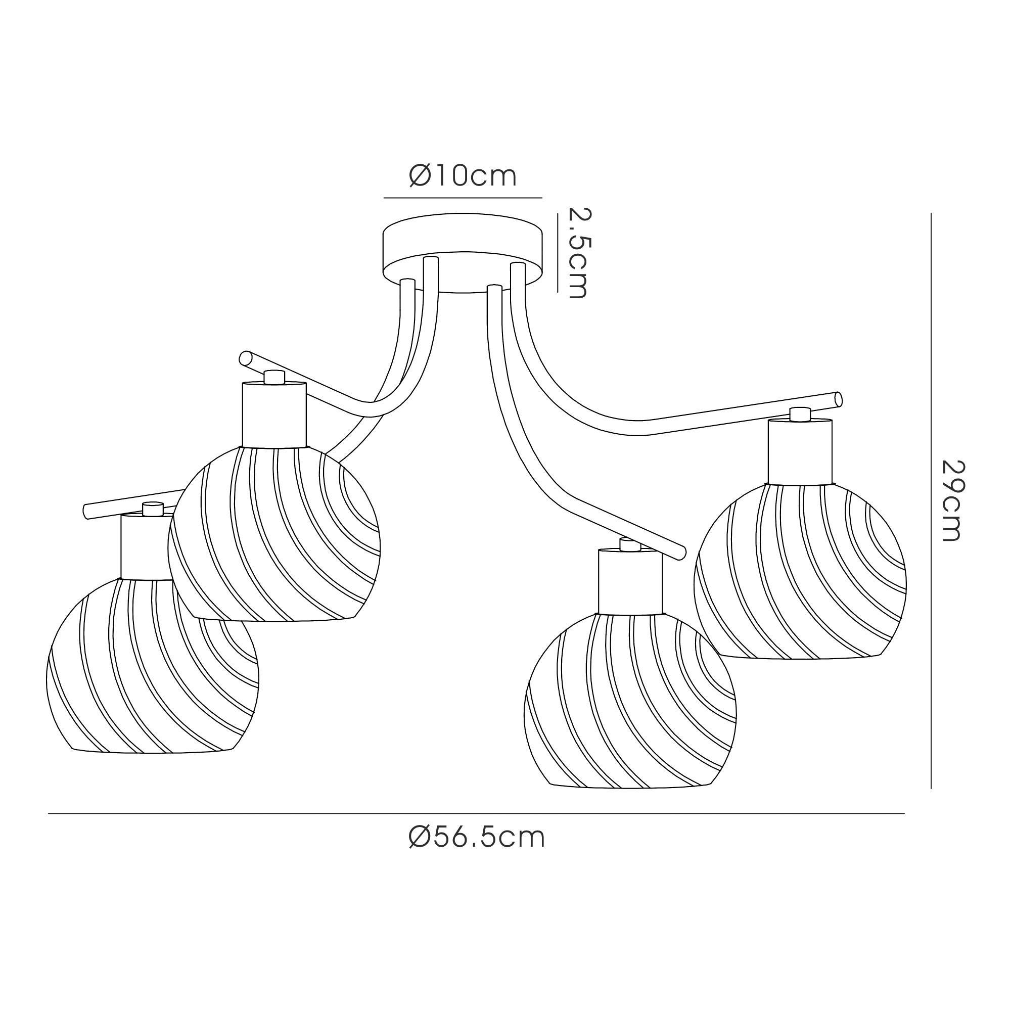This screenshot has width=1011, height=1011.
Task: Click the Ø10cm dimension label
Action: tap(463, 176)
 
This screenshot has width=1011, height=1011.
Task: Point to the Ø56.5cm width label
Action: tap(477, 838)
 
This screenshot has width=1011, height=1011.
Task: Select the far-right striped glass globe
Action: tap(800, 570)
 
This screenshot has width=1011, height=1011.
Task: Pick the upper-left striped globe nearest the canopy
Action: tap(273, 534)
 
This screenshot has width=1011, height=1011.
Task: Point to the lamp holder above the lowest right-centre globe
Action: tap(630, 581)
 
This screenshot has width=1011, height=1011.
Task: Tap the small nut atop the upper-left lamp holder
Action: tap(274, 377)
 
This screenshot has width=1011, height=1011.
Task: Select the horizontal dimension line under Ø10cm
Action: tap(463, 198)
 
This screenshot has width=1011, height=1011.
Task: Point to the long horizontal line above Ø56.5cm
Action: tap(476, 813)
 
